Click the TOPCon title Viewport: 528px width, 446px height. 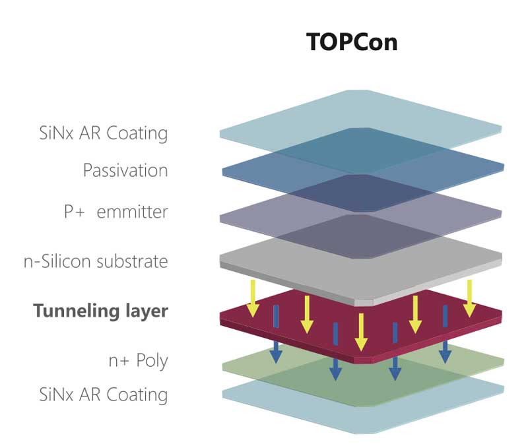[352, 42]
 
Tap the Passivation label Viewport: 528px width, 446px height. [125, 171]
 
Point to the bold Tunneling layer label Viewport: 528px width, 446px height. [100, 311]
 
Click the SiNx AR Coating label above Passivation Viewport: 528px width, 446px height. [104, 133]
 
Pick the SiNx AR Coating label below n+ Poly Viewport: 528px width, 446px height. [104, 395]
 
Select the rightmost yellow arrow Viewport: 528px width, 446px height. [469, 297]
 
